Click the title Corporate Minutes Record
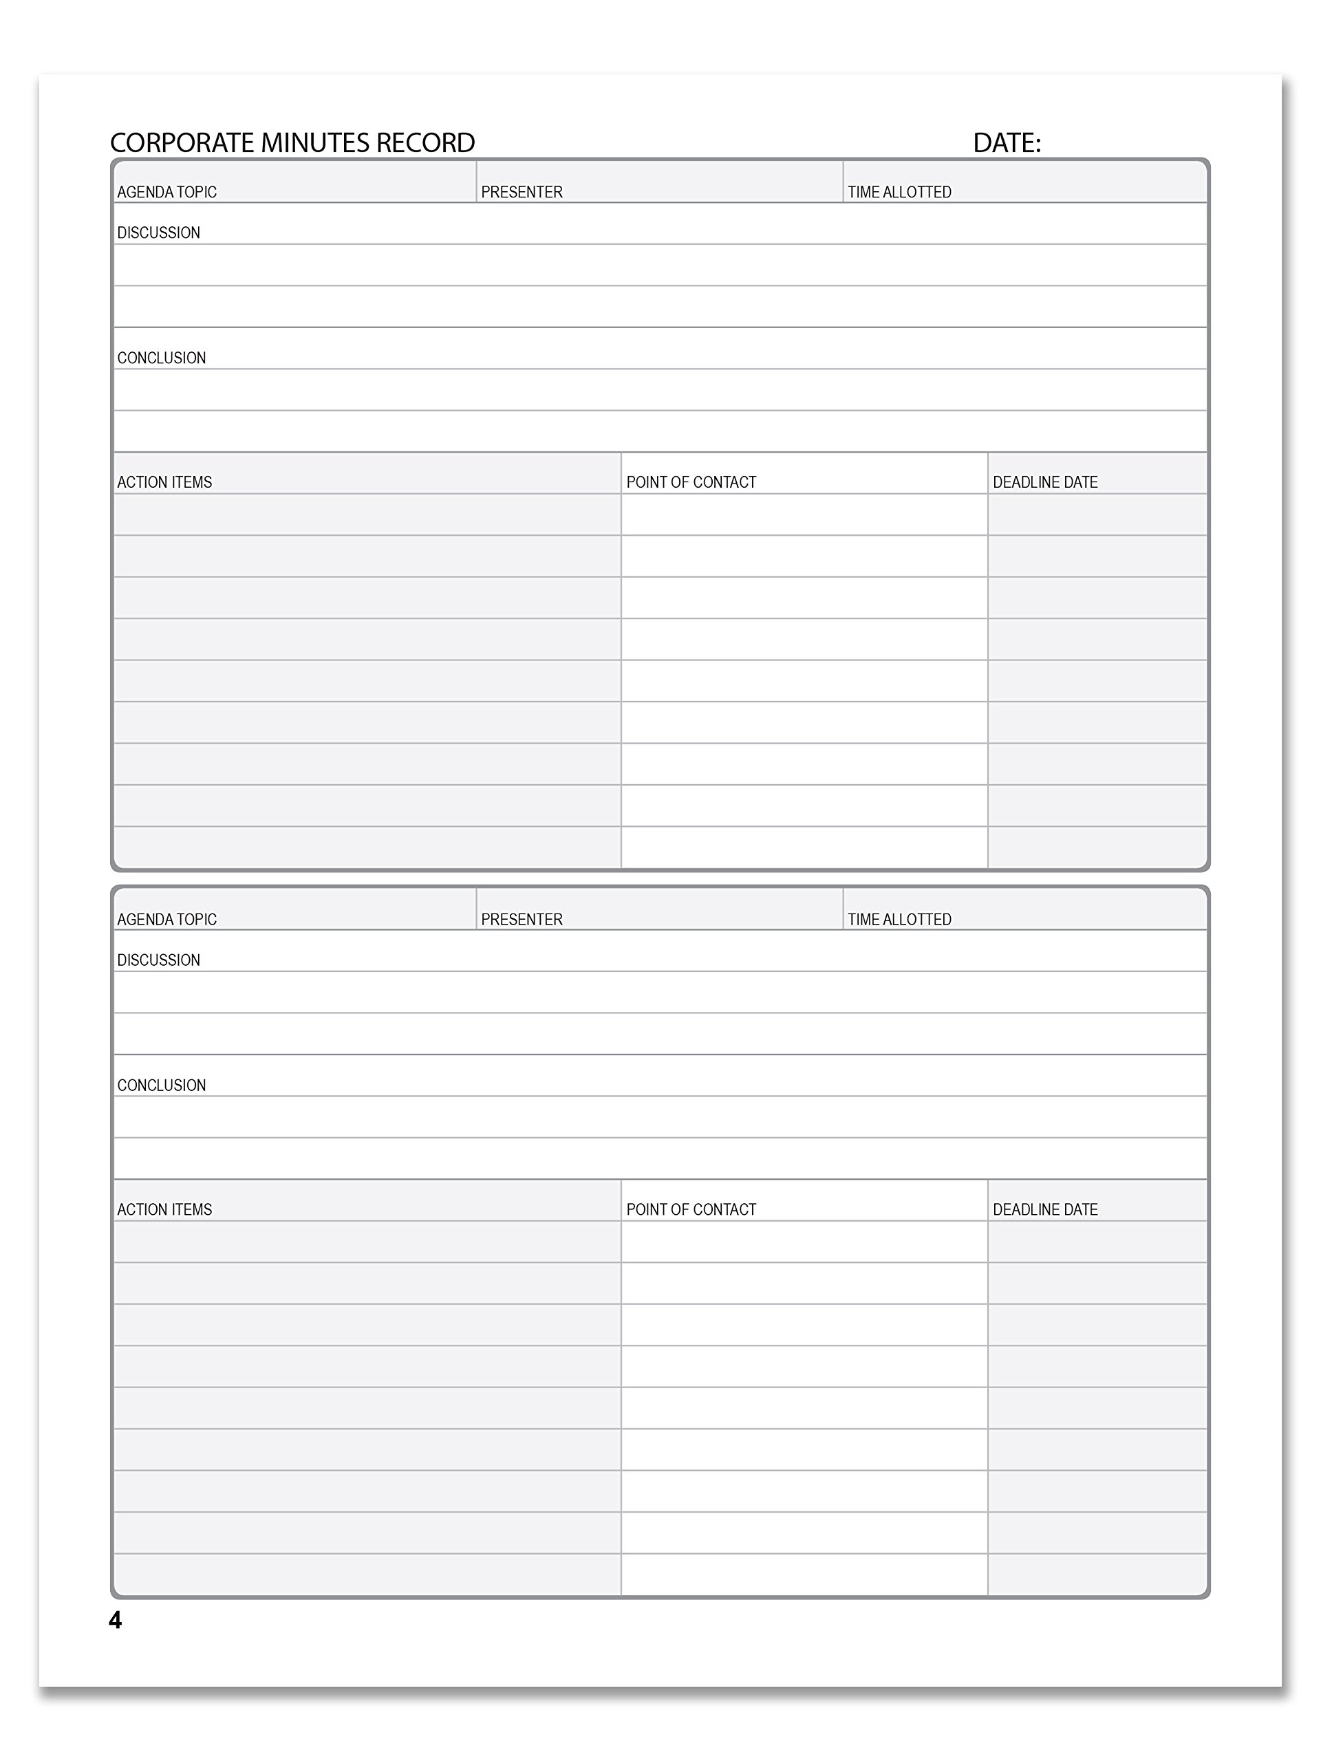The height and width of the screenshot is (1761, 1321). [x=292, y=143]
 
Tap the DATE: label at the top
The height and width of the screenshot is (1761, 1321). [x=1007, y=143]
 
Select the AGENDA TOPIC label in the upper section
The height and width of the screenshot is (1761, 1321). [x=167, y=192]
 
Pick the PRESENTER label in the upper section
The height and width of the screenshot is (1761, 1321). [x=522, y=192]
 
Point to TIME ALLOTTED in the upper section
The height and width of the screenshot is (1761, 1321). [x=899, y=192]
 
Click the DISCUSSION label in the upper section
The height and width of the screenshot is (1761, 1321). [x=158, y=233]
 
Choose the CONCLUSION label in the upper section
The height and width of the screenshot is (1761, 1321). [x=161, y=358]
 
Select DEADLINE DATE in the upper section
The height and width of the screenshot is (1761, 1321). [x=1044, y=482]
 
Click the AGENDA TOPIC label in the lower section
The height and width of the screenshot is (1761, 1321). [x=167, y=920]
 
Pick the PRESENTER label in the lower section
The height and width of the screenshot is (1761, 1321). [x=522, y=920]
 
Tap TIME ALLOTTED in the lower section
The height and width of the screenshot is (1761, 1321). [x=899, y=920]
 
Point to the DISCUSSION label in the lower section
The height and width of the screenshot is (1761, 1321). [x=158, y=960]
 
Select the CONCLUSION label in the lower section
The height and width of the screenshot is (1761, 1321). [x=161, y=1085]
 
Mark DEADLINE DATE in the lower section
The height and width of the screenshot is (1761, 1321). [x=1044, y=1209]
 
